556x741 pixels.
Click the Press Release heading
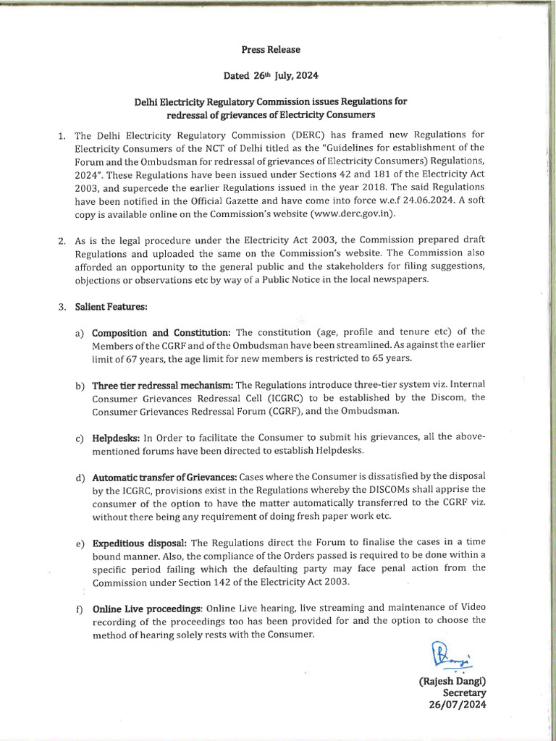[270, 50]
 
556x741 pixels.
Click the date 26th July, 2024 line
[270, 75]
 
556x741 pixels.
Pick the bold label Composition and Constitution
[161, 332]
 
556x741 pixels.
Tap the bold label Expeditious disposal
[139, 543]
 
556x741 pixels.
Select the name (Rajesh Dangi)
[452, 682]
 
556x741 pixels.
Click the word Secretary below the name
[464, 693]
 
